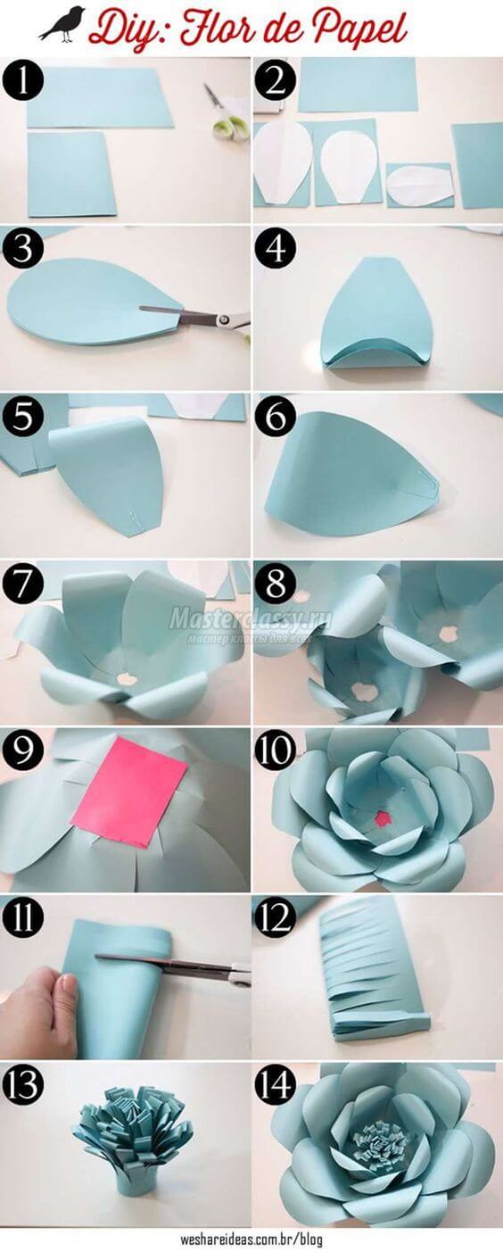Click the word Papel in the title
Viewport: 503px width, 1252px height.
357,29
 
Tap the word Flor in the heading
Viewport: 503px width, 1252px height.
215,29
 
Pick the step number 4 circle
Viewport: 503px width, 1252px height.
275,248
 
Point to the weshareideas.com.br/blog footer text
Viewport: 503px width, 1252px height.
251,1240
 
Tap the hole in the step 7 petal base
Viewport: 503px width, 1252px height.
126,678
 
